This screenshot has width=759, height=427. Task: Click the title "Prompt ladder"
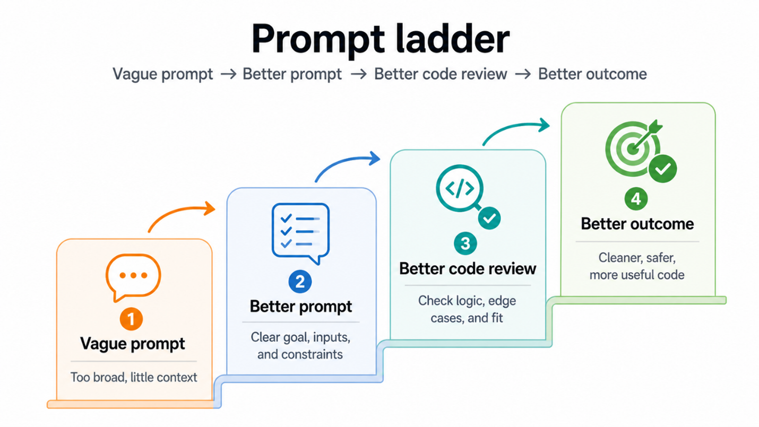click(381, 40)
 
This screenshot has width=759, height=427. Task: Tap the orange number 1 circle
click(131, 319)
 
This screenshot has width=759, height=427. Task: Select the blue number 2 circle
click(300, 281)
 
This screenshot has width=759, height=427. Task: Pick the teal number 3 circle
click(465, 243)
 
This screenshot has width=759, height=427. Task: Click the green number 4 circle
click(636, 199)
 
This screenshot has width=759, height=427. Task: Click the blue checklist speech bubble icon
click(300, 233)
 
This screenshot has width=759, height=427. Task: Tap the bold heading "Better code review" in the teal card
click(468, 269)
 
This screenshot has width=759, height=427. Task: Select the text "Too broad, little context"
click(134, 377)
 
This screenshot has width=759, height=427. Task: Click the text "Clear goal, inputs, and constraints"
click(300, 346)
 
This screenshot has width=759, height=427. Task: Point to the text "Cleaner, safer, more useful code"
click(637, 266)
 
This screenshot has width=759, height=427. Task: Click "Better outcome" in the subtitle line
click(592, 74)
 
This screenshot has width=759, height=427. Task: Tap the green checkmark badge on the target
click(663, 169)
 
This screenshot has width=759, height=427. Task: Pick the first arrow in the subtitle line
click(228, 74)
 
